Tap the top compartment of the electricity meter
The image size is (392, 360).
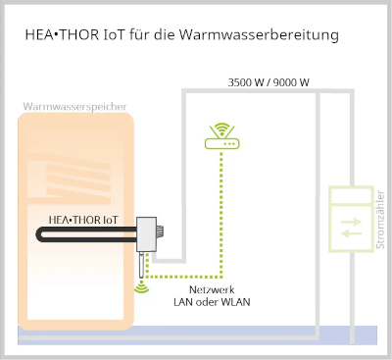pos(350,197)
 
